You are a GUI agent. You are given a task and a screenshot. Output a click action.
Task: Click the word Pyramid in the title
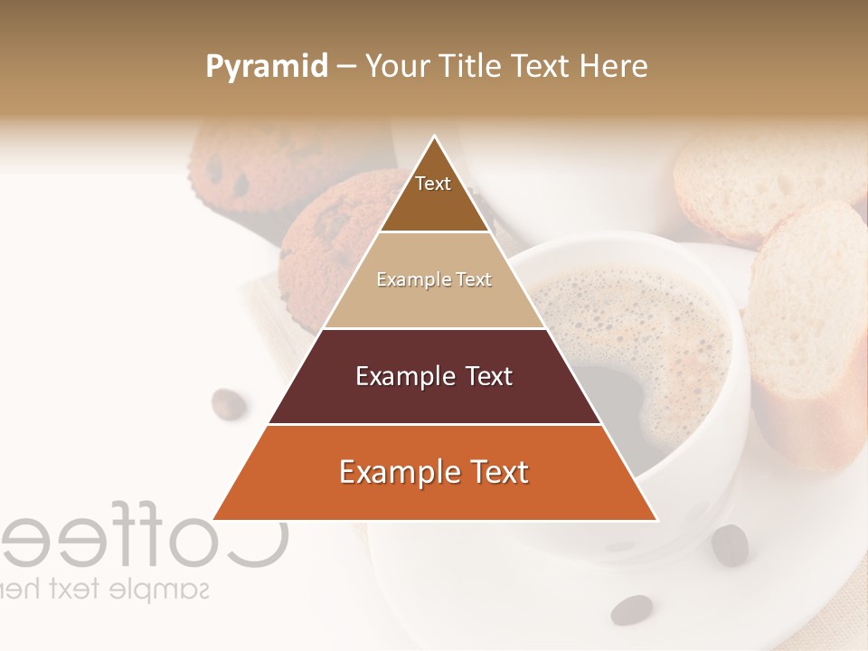coord(266,67)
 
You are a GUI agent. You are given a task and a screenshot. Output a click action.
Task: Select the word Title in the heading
coord(471,67)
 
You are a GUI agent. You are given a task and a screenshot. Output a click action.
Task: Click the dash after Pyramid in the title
coord(346,68)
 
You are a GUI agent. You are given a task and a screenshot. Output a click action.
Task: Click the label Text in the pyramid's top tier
coord(433,184)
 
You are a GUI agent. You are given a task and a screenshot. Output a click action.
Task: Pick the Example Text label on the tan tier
coord(434,280)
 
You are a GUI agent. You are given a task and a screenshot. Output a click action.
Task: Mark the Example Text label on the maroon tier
coord(434,376)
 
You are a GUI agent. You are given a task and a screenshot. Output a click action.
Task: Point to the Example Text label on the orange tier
coord(434,472)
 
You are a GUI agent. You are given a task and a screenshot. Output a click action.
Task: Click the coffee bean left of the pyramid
coord(229,404)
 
